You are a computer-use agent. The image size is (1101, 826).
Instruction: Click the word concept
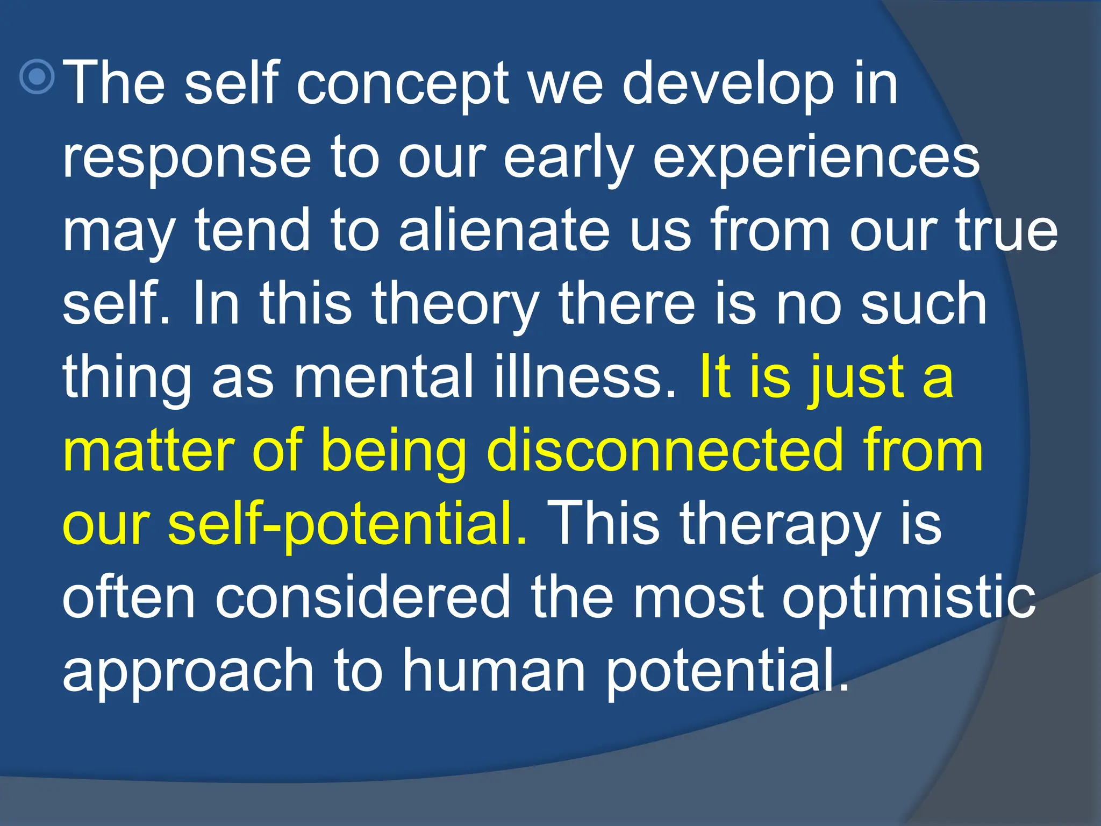coord(402,85)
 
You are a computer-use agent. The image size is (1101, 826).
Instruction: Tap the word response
coord(187,159)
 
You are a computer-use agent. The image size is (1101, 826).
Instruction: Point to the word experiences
coord(817,159)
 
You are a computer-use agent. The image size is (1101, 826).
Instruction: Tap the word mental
coord(383,378)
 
